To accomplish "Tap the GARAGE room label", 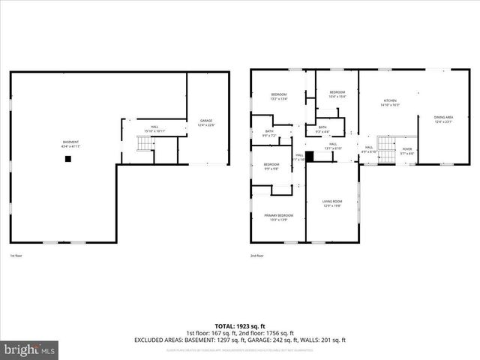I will (206, 123).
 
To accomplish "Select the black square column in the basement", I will (67, 158).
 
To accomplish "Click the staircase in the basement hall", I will (145, 143).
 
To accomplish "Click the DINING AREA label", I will (444, 119).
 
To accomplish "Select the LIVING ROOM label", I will (332, 203).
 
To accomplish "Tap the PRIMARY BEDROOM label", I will (278, 217).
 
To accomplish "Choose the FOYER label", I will (407, 151).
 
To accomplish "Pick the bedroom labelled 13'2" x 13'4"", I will (279, 96).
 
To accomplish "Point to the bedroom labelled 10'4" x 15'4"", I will (337, 94).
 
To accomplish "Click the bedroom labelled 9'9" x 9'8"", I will (271, 166).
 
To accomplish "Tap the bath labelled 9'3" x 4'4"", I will (322, 129).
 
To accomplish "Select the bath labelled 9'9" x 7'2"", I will (269, 133).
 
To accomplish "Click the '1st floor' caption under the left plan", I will (16, 256).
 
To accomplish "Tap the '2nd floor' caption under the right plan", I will (257, 256).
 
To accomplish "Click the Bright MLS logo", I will (30, 349).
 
